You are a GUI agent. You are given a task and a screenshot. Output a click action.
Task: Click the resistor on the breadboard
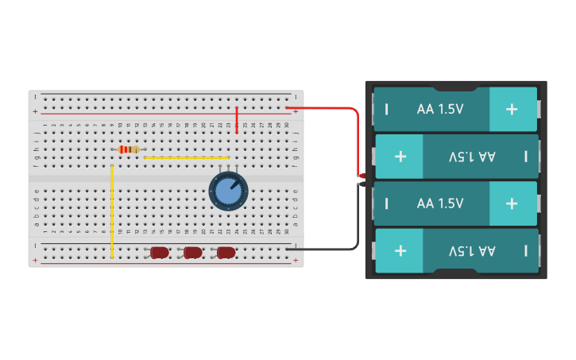(128, 149)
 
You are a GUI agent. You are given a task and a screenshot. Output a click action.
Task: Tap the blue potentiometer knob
(228, 192)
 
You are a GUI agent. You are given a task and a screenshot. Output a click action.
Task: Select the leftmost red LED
(160, 253)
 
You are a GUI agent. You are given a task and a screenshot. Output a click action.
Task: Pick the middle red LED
(193, 253)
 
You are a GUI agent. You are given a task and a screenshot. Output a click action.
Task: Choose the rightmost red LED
(226, 253)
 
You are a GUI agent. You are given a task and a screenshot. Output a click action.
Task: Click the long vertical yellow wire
(112, 211)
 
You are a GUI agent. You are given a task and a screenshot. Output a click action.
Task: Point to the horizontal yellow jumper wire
(187, 157)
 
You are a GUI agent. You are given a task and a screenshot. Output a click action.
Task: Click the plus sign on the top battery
(512, 109)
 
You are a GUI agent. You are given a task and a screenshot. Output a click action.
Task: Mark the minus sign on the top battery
(387, 109)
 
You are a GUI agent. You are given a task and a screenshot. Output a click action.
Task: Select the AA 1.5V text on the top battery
(440, 109)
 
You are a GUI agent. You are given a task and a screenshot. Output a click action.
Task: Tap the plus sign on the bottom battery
(400, 250)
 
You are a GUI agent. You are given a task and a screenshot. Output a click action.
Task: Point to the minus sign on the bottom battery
(525, 250)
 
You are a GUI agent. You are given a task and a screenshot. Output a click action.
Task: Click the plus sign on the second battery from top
(400, 157)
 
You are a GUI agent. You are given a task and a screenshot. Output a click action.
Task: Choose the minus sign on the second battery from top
(525, 157)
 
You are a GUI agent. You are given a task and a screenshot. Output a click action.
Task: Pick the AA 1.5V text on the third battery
(440, 203)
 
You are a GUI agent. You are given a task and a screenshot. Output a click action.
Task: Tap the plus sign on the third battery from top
(512, 203)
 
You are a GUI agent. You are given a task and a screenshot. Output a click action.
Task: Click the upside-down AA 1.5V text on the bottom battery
(472, 250)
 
